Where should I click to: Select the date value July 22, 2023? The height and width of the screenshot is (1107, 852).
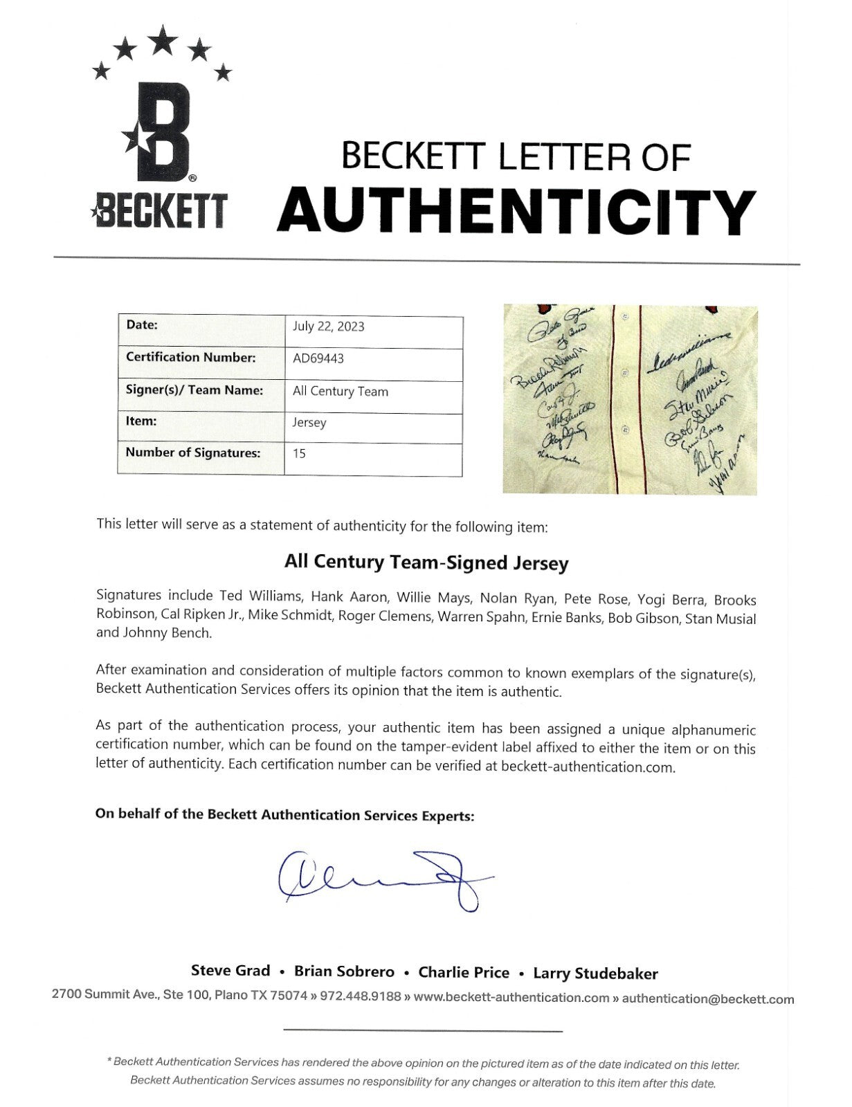tap(328, 327)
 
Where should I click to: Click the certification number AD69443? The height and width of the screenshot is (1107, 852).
tap(318, 358)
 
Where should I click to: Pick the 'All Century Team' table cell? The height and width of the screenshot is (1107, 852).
tap(340, 392)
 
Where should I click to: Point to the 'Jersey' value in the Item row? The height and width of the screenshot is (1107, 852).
tap(309, 423)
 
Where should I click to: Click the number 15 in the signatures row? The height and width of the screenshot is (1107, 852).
tap(299, 454)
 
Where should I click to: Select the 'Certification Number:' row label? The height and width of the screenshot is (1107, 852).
tap(190, 358)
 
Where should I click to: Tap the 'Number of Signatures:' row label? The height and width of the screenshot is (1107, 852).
tap(192, 453)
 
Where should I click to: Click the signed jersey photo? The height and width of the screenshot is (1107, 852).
tap(629, 399)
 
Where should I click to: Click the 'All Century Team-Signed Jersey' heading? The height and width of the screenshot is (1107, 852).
tap(426, 562)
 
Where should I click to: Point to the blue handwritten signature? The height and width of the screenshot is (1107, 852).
tap(384, 877)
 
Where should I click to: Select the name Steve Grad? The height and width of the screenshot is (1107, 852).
tap(230, 971)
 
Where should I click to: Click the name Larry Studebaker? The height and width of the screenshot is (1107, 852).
tap(595, 973)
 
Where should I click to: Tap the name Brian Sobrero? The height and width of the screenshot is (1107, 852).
tap(344, 971)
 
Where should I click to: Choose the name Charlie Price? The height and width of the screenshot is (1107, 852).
tap(463, 973)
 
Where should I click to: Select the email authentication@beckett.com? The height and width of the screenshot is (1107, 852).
tap(707, 999)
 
